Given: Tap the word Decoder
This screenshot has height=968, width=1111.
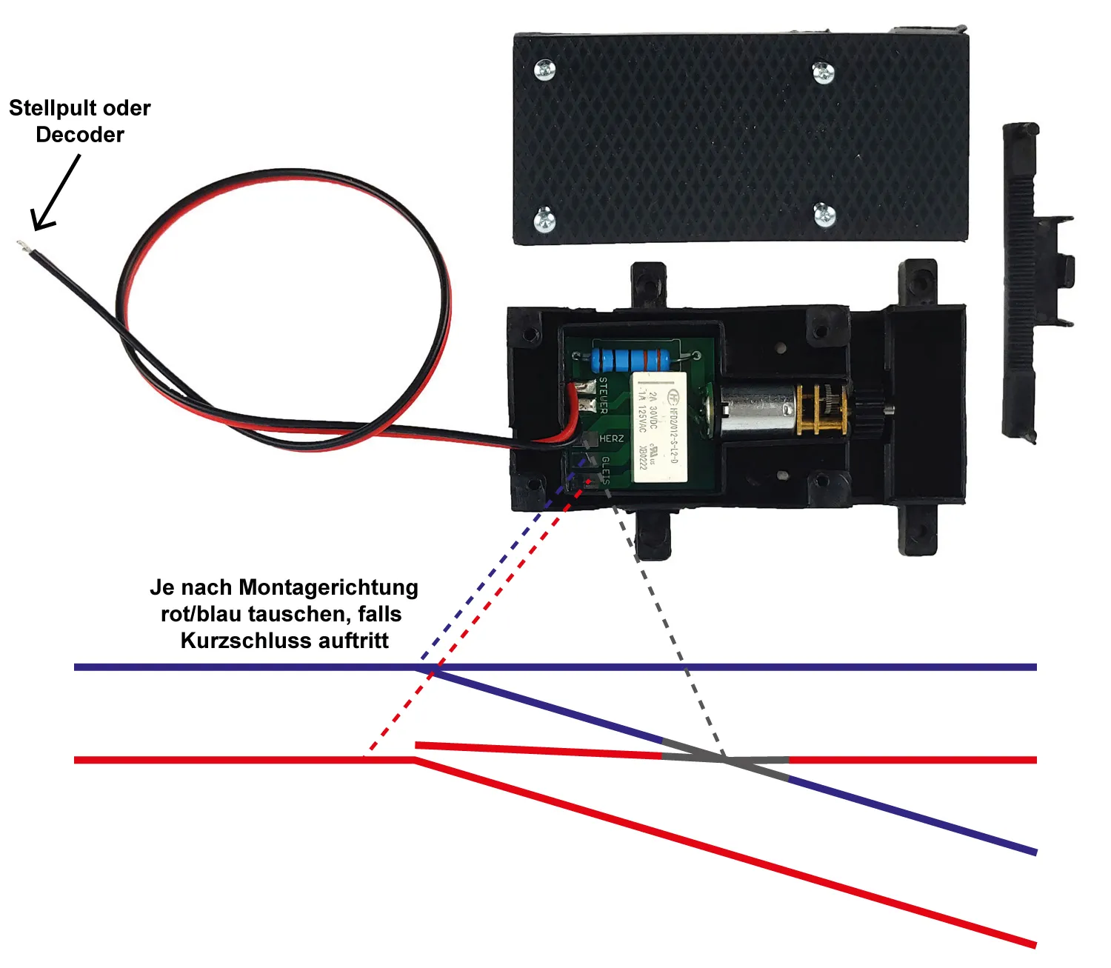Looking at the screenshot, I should point(80,135).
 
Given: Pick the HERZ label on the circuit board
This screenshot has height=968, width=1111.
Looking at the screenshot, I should point(611,438).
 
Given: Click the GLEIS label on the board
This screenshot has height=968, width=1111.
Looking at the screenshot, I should point(605,470).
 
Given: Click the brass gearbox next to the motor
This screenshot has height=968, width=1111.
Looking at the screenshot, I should point(820,408).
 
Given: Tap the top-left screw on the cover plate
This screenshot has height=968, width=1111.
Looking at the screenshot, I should point(545,70).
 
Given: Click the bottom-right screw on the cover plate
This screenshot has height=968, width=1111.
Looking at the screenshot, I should point(824,215).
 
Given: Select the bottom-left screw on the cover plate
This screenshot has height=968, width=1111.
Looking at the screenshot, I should point(545,218).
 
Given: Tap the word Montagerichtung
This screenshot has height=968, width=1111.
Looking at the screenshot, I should point(329,588).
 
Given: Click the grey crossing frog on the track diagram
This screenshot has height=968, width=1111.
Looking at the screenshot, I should point(725,760).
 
